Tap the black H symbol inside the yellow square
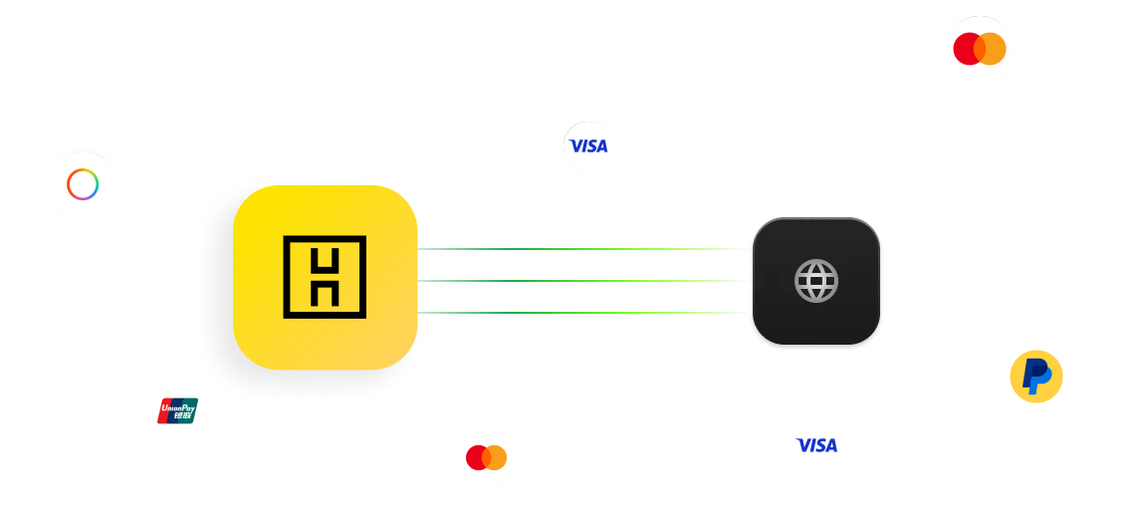(325, 277)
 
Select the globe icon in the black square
(815, 281)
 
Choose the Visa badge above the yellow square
(587, 146)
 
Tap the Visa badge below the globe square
(816, 445)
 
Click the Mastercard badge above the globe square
(980, 48)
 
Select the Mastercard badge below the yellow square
(486, 457)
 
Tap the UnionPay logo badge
(177, 409)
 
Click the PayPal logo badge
(1036, 378)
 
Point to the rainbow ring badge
(83, 183)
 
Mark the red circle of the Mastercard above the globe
(966, 48)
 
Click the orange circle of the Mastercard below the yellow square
(496, 457)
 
